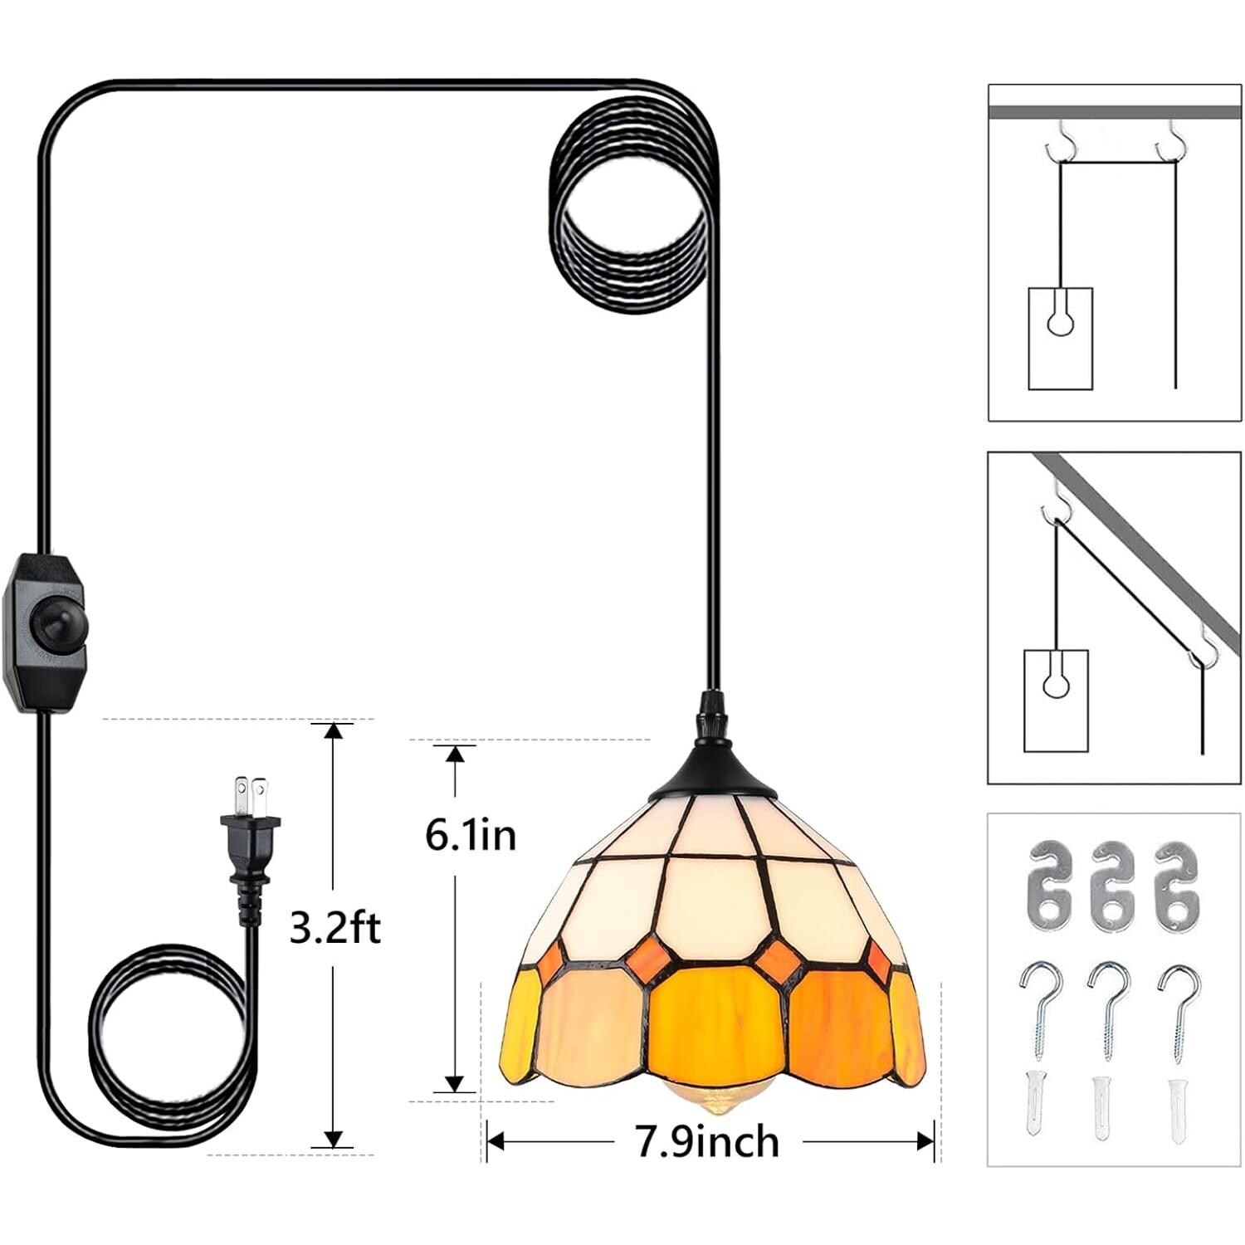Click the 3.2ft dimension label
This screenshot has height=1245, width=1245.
pos(334,928)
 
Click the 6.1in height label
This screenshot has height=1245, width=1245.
pos(471,834)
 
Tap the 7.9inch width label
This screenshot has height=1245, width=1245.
pos(708,1142)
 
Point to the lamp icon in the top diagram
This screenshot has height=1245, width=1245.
pos(1060,338)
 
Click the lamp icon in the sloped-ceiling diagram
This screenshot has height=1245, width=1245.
pos(1056,700)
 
